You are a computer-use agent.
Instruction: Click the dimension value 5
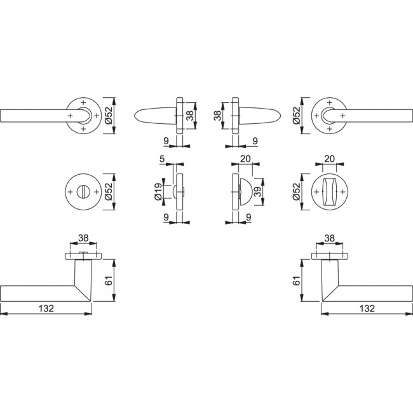click(162, 159)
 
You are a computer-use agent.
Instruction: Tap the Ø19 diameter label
click(159, 192)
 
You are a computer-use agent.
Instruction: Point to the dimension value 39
click(257, 191)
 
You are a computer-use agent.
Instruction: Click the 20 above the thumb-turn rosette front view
click(330, 159)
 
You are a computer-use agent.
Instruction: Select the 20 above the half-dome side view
click(245, 159)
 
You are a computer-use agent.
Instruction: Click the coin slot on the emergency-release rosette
click(83, 192)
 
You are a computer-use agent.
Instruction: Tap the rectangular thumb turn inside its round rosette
click(330, 192)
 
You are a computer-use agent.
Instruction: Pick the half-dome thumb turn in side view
click(245, 192)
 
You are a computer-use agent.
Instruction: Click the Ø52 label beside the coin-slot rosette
click(109, 192)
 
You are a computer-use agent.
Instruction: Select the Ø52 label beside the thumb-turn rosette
click(296, 192)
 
